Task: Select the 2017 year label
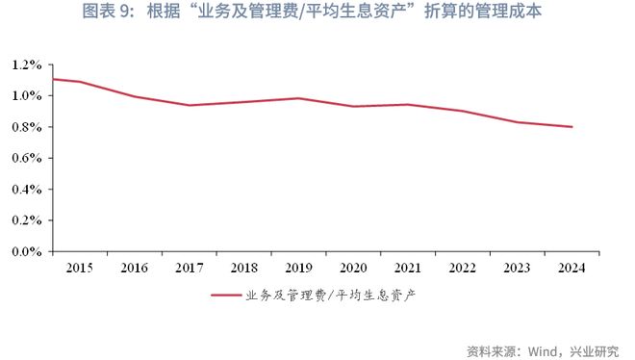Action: (190, 267)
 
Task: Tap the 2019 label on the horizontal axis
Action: (299, 267)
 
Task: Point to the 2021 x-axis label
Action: (408, 267)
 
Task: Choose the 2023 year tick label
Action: (518, 267)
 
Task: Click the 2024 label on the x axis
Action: (571, 267)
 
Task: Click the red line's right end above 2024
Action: (572, 127)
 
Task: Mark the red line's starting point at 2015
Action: (54, 79)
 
